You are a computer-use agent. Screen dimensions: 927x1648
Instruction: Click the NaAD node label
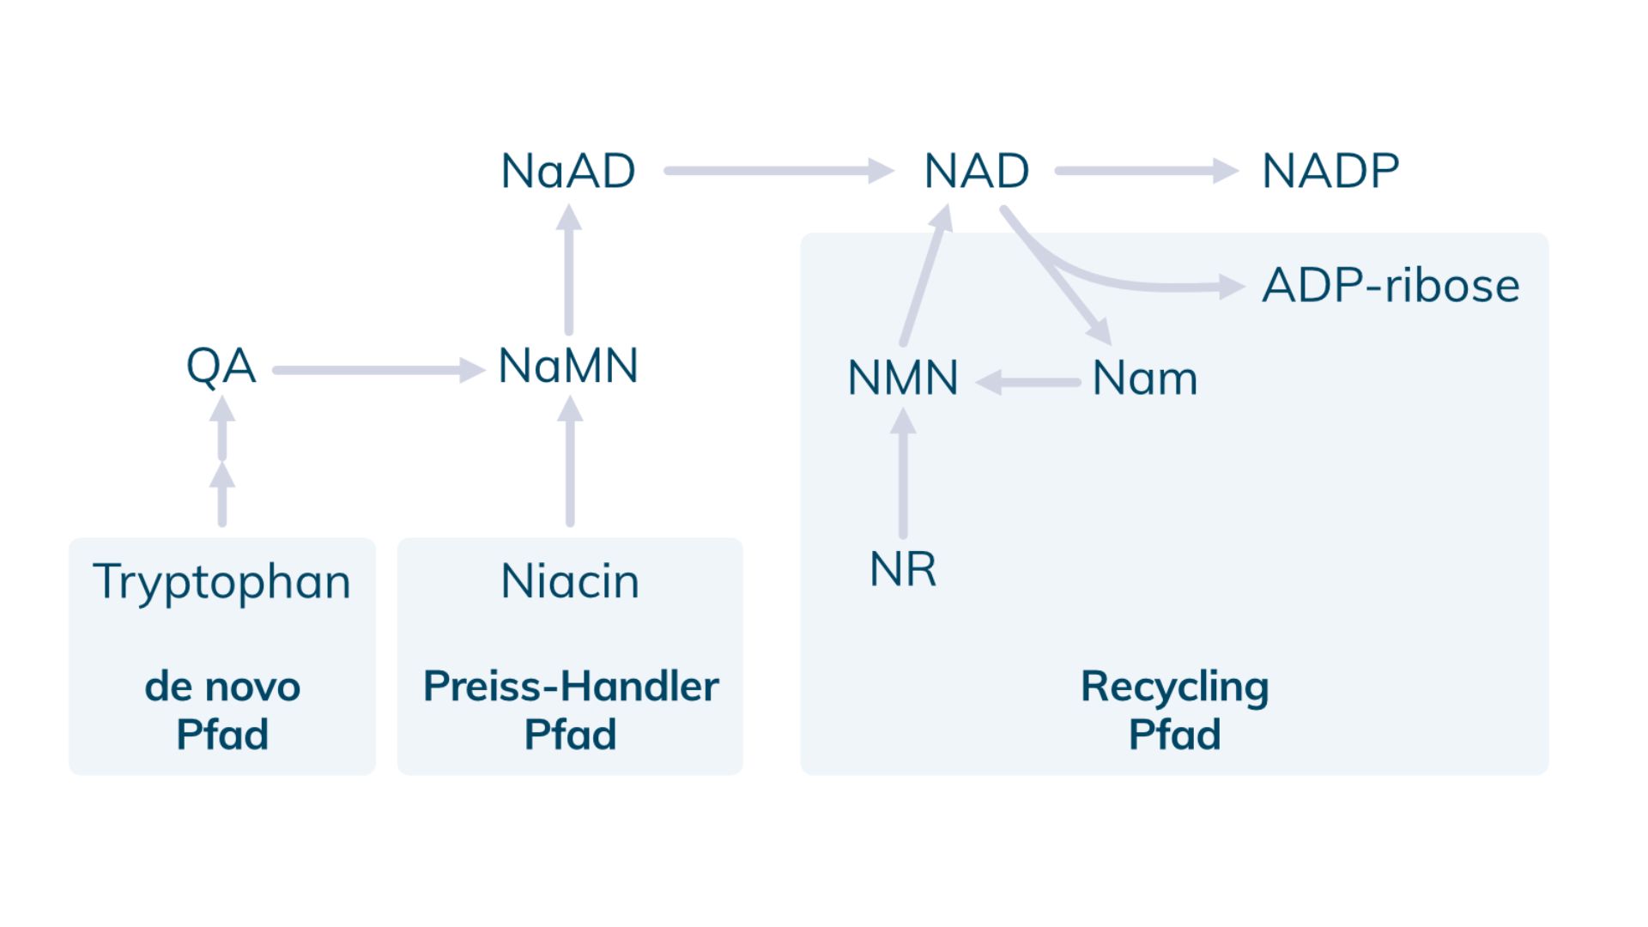(567, 171)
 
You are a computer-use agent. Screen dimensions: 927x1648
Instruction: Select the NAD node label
(976, 171)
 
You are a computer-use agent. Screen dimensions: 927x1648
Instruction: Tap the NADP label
(1330, 171)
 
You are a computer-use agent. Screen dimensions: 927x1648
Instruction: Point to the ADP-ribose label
(1390, 286)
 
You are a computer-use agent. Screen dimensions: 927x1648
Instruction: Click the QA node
(221, 367)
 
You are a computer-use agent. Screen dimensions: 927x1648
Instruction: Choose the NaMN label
(568, 367)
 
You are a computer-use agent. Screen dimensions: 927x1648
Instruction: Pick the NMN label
(902, 379)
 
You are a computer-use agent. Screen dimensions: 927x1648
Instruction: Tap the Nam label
(1144, 379)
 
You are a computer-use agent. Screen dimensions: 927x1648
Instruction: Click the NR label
(902, 569)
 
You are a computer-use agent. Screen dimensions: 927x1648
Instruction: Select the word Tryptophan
(221, 582)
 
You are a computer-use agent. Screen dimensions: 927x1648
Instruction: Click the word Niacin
(570, 582)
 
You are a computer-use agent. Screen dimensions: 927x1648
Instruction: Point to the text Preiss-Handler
(570, 687)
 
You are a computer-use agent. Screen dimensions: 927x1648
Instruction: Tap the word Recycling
(1174, 687)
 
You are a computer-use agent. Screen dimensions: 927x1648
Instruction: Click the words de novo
(222, 687)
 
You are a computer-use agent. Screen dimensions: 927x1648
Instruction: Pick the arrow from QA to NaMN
(378, 371)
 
